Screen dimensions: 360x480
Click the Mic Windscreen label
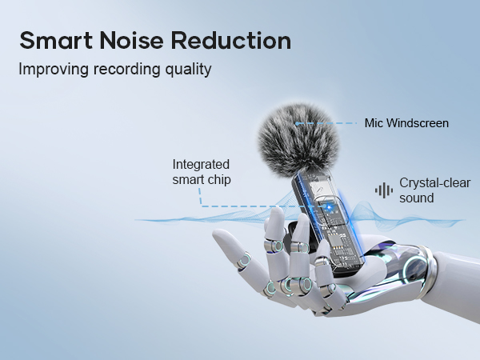406,123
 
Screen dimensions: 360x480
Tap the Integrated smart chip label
202,172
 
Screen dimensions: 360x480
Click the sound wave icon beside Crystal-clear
384,190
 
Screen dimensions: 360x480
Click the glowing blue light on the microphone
326,204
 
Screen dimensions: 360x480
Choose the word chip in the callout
218,180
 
